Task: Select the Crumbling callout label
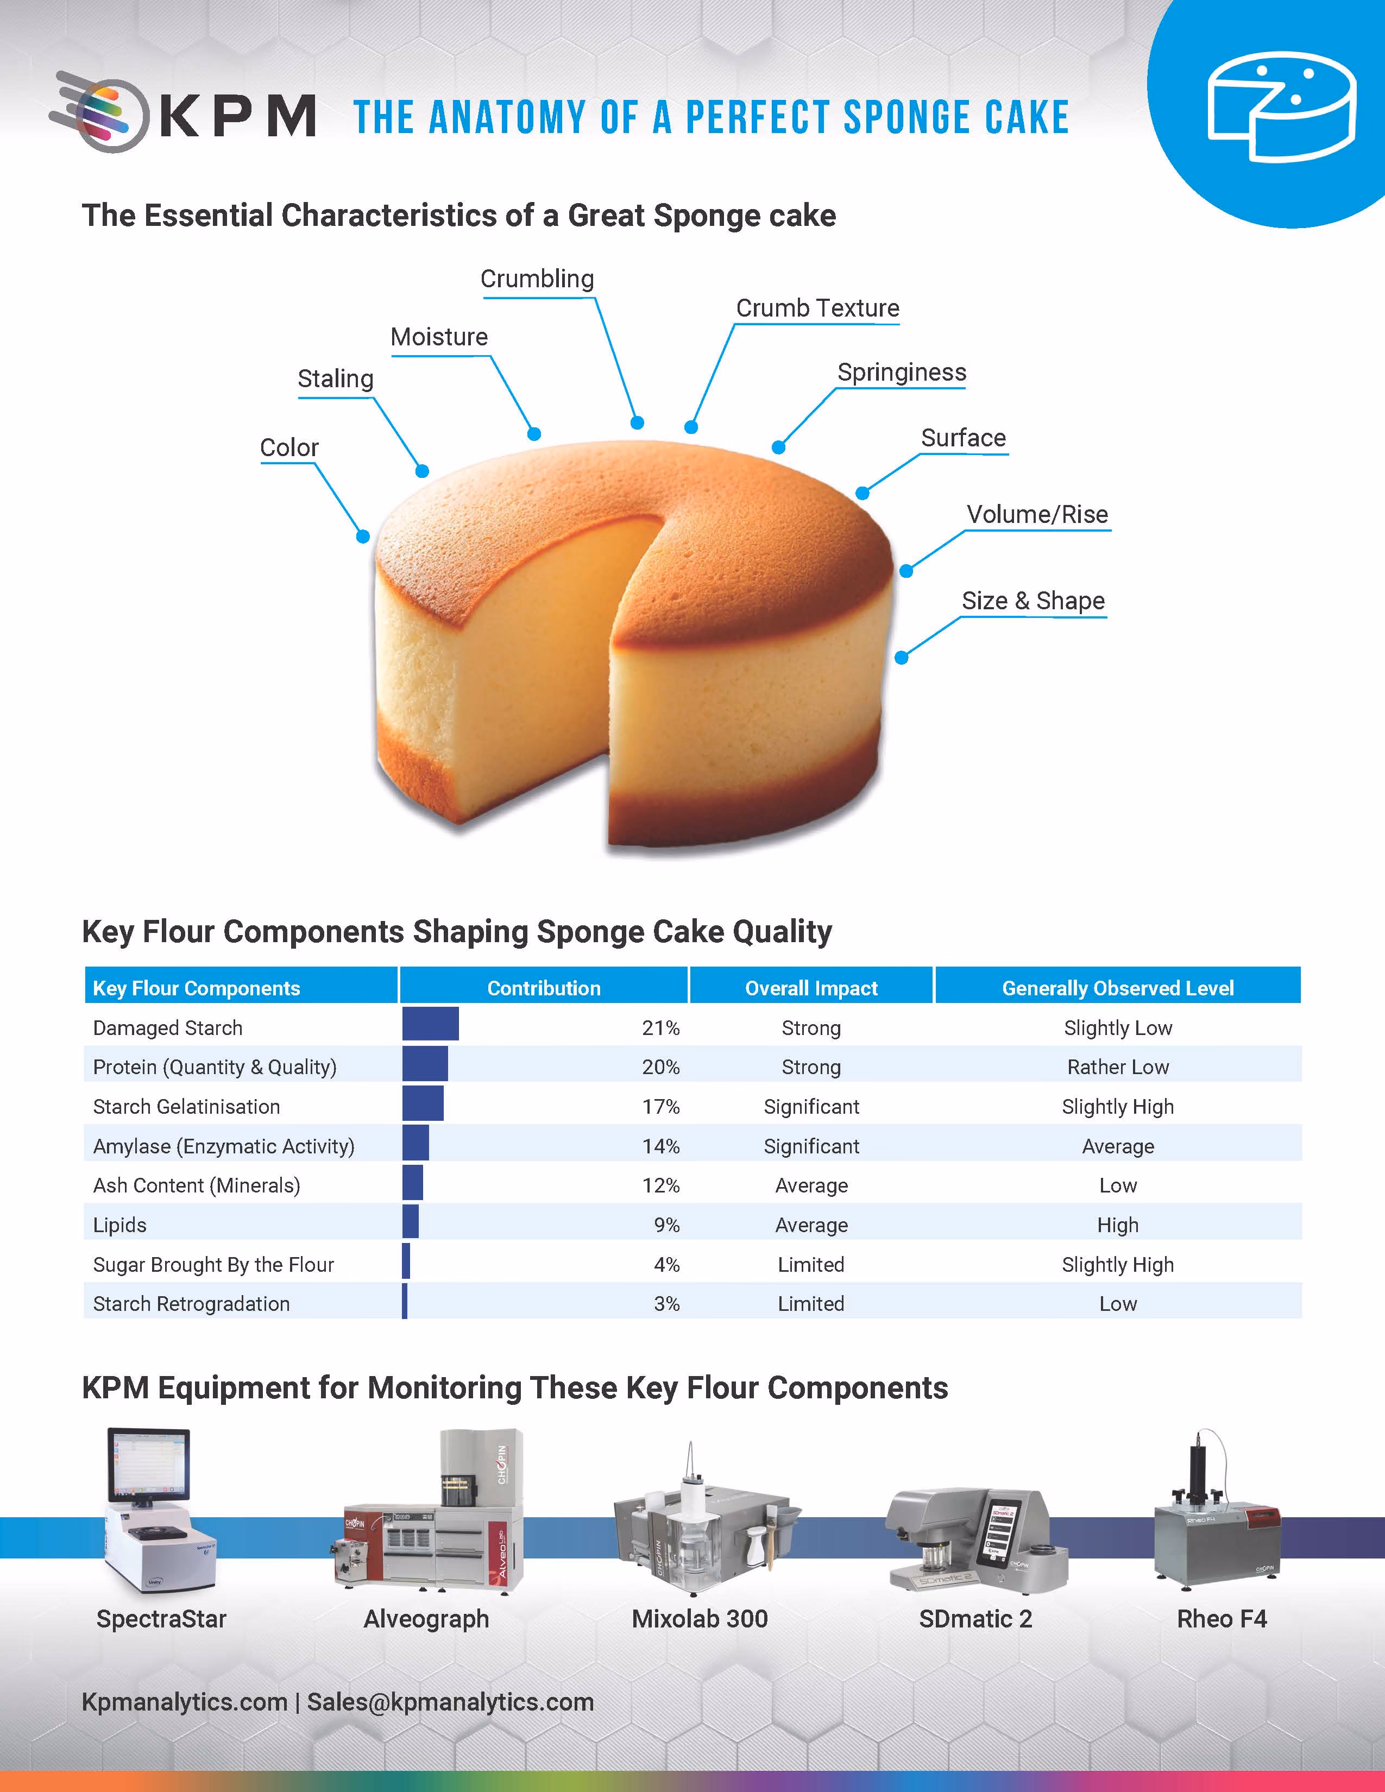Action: [537, 279]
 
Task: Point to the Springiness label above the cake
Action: [902, 373]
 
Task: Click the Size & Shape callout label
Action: [1033, 601]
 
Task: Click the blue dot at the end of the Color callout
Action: [363, 537]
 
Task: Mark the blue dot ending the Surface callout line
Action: [861, 493]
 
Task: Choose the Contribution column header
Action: [544, 988]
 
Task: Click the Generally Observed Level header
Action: [1118, 988]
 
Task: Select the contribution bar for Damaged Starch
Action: [431, 1024]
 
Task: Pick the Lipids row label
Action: [120, 1225]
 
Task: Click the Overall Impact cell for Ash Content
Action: [811, 1185]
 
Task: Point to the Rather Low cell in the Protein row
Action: [1118, 1068]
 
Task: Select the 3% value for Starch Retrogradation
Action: [666, 1304]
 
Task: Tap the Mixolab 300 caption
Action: [700, 1619]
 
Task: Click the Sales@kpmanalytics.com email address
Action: [450, 1702]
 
